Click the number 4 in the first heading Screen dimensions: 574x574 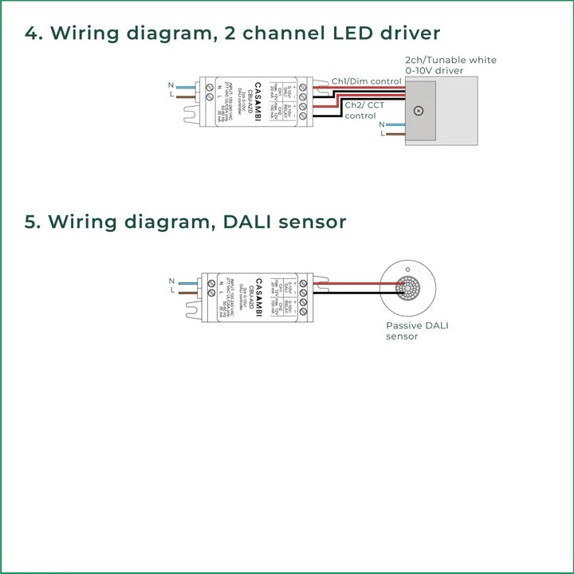point(32,33)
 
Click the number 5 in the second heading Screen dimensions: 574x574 point(32,222)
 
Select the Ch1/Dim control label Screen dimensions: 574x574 point(367,81)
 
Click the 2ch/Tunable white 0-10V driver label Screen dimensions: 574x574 point(450,65)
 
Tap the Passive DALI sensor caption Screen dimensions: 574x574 point(412,331)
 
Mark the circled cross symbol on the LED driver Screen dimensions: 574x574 point(419,112)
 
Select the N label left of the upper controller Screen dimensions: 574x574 point(171,85)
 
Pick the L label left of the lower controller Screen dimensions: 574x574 point(171,292)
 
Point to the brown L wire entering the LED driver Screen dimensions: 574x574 point(395,134)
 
